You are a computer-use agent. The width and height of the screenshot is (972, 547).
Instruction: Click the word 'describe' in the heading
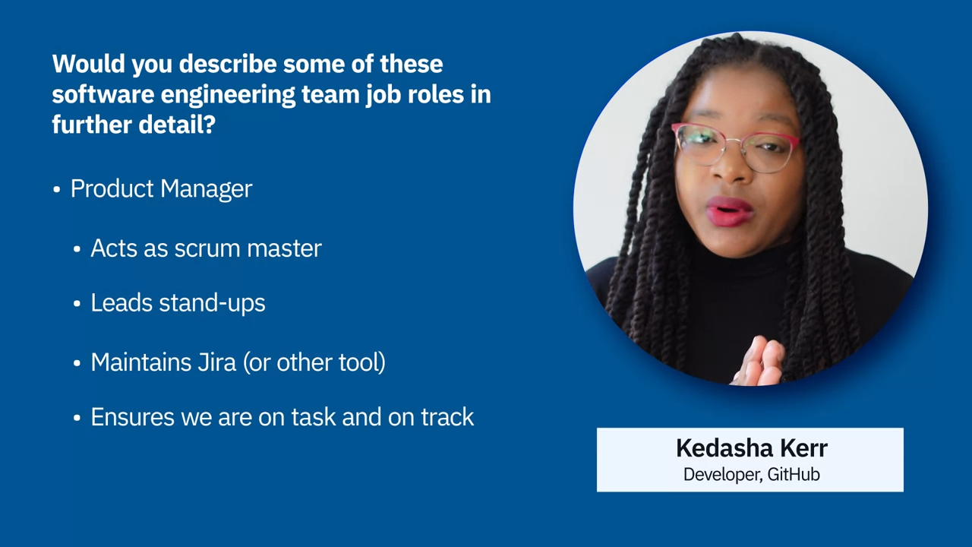pyautogui.click(x=228, y=65)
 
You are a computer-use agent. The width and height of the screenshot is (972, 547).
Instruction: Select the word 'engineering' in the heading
pyautogui.click(x=229, y=96)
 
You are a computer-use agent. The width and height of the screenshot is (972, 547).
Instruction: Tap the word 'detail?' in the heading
pyautogui.click(x=177, y=125)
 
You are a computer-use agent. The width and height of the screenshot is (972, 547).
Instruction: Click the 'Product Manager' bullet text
pyautogui.click(x=162, y=189)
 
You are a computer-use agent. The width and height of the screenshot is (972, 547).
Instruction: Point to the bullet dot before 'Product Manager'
pyautogui.click(x=56, y=190)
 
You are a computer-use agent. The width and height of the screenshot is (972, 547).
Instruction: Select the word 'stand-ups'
pyautogui.click(x=212, y=303)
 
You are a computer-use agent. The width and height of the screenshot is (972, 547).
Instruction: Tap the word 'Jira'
pyautogui.click(x=217, y=362)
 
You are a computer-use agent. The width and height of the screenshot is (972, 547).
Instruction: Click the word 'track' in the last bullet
pyautogui.click(x=447, y=417)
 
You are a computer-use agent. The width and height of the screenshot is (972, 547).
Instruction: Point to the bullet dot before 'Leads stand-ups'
pyautogui.click(x=77, y=304)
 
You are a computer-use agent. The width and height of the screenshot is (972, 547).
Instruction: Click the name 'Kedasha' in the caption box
pyautogui.click(x=724, y=448)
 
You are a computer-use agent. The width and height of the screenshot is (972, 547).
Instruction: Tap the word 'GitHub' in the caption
pyautogui.click(x=794, y=475)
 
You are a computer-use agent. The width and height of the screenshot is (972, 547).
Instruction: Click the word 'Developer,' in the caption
pyautogui.click(x=723, y=475)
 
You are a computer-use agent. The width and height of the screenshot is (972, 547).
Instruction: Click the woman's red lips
pyautogui.click(x=729, y=211)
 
